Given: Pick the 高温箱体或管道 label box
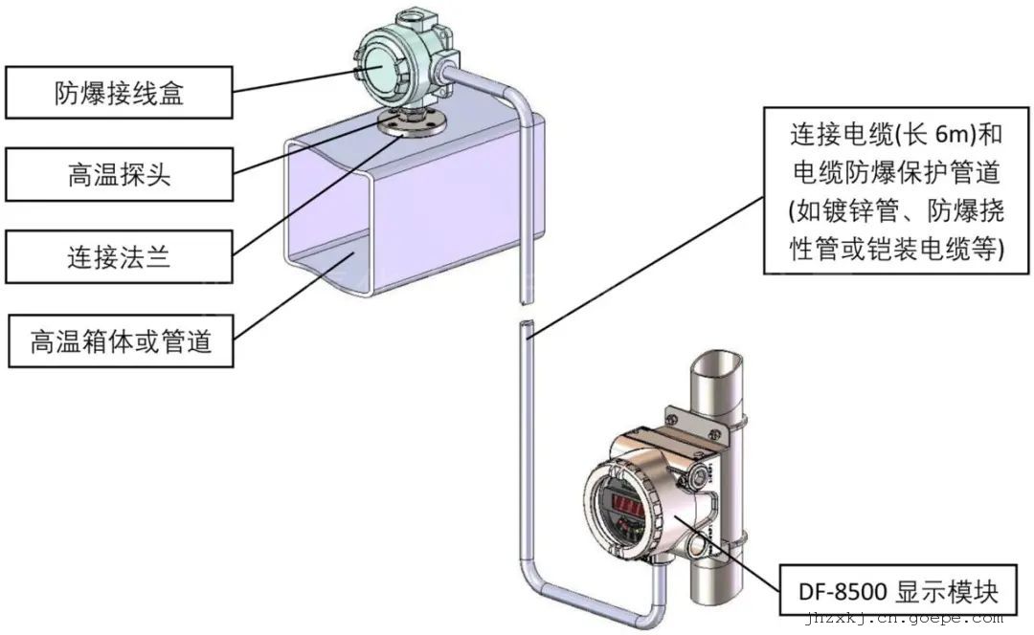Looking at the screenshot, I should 121,339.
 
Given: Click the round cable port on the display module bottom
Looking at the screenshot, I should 695,547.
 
